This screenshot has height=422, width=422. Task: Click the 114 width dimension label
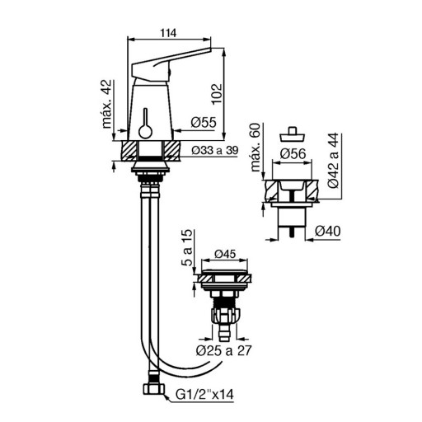168,33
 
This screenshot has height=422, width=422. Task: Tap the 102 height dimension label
217,94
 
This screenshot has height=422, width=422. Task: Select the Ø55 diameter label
204,122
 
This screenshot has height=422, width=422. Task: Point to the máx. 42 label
107,104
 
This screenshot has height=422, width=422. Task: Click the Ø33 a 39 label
215,150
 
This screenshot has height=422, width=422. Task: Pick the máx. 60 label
256,148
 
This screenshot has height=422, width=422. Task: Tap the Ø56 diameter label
293,153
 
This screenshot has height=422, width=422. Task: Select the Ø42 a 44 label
334,161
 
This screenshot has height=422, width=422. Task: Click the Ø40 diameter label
327,231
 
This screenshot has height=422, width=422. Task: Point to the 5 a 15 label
187,247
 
